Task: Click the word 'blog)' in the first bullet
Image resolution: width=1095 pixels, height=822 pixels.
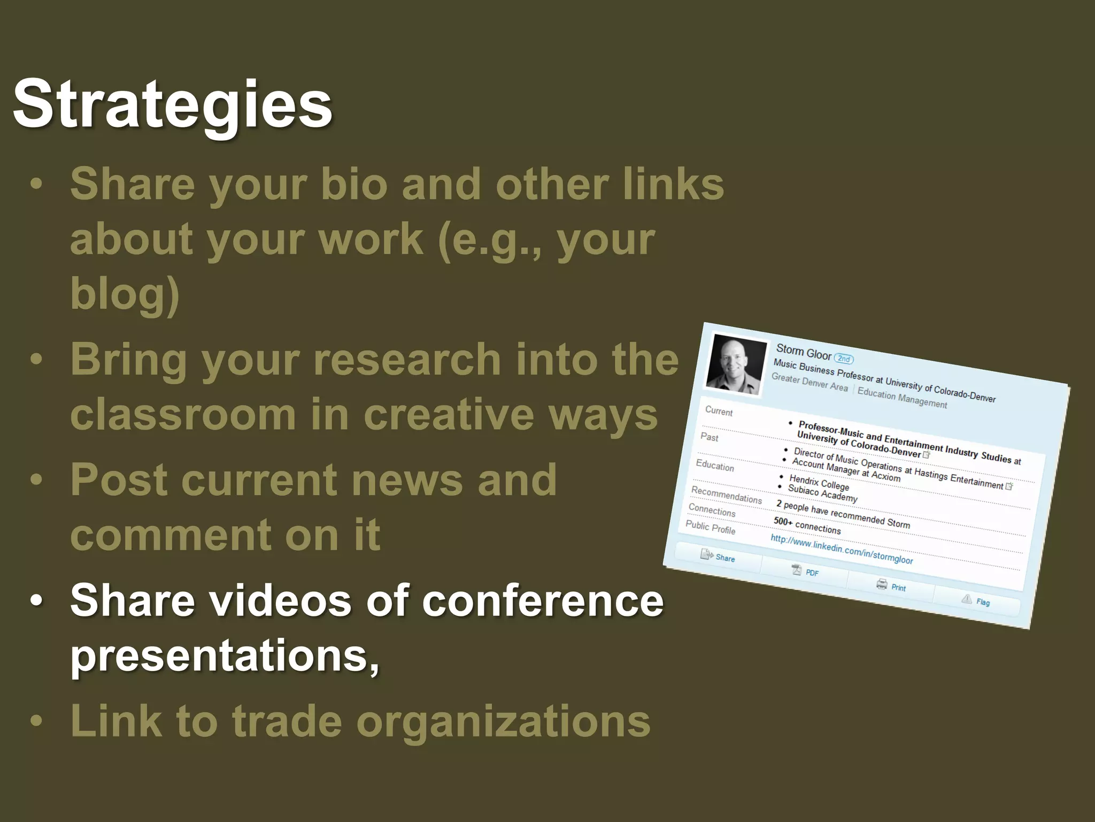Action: tap(125, 293)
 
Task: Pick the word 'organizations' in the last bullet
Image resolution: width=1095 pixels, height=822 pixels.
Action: tap(503, 721)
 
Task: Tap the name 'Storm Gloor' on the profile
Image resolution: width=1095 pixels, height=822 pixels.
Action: tap(803, 352)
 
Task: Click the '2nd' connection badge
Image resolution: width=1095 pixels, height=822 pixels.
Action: tap(844, 359)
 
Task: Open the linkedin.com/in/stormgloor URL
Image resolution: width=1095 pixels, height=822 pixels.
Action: tap(842, 549)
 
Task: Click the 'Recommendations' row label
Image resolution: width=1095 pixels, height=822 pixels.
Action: tap(726, 494)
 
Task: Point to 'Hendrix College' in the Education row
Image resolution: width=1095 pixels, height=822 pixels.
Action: tap(819, 482)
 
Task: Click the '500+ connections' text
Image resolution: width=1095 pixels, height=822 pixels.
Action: tap(807, 526)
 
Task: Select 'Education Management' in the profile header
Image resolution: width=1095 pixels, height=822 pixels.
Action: tap(902, 398)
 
